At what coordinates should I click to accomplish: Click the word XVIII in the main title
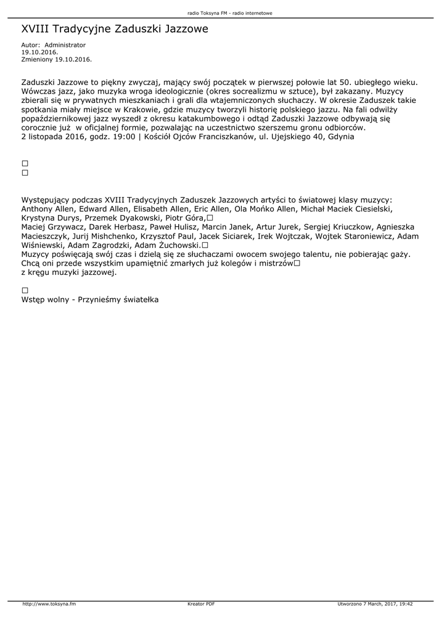[35, 29]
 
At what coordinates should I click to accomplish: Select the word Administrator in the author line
[65, 45]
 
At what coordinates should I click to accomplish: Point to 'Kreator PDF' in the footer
[201, 604]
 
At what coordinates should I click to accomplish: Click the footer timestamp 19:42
[405, 604]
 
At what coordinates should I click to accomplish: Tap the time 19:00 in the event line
[122, 137]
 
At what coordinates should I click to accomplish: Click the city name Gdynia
[340, 137]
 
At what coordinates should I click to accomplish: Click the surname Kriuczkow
[342, 227]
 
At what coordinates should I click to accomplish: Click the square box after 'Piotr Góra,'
[210, 218]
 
